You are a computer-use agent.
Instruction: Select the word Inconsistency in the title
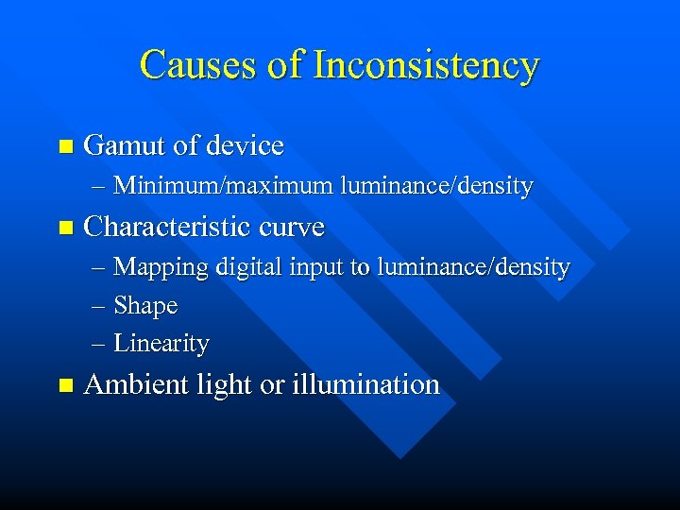426,66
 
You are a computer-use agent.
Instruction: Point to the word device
245,145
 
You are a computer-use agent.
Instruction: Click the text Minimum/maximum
223,186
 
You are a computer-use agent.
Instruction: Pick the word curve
292,228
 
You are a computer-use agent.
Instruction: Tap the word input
318,268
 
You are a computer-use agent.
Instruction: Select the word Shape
145,306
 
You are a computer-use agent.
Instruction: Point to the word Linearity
161,343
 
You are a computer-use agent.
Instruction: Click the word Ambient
129,385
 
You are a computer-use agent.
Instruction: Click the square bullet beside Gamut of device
64,147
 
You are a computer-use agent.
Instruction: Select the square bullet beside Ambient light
64,386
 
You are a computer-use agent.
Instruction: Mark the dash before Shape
100,307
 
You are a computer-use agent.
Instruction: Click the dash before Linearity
100,344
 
